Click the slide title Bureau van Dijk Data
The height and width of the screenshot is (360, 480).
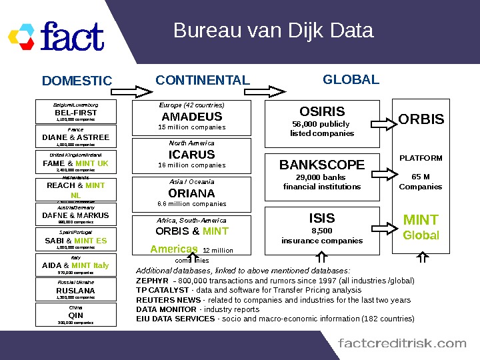tap(273, 31)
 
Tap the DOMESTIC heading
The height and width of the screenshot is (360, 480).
tap(77, 81)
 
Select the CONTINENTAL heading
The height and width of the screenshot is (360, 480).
tap(203, 81)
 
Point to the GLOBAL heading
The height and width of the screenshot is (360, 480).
tap(351, 79)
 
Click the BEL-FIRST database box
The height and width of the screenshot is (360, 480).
tap(75, 112)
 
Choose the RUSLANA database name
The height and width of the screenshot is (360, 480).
tap(75, 291)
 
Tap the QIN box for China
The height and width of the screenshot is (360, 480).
tap(75, 315)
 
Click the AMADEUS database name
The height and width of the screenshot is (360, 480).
tap(192, 117)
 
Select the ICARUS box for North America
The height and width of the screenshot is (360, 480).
tap(192, 154)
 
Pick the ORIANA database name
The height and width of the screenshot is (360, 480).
tap(192, 193)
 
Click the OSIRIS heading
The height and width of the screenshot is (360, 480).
tap(322, 111)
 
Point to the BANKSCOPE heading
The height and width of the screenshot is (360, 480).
tap(322, 165)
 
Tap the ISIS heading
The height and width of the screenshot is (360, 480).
tap(322, 218)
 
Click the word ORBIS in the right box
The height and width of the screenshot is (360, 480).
tap(421, 119)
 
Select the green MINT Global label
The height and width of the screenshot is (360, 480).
tap(421, 227)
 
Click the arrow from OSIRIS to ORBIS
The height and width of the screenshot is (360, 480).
tap(379, 121)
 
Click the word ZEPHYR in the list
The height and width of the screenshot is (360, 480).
tap(152, 281)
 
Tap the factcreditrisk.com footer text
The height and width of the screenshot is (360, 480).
tap(402, 343)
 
